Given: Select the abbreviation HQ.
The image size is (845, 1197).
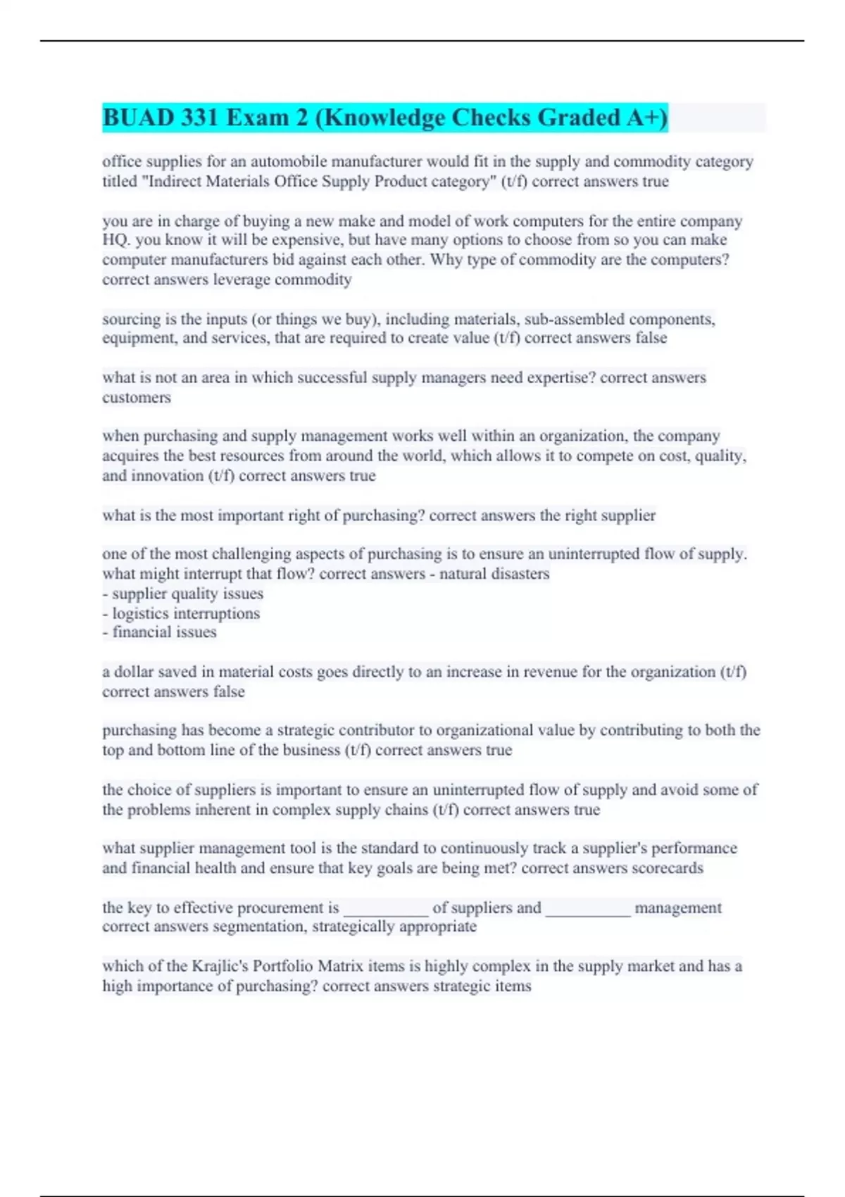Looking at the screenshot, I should [115, 240].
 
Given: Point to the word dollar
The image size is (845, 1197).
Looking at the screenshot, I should [134, 672].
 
